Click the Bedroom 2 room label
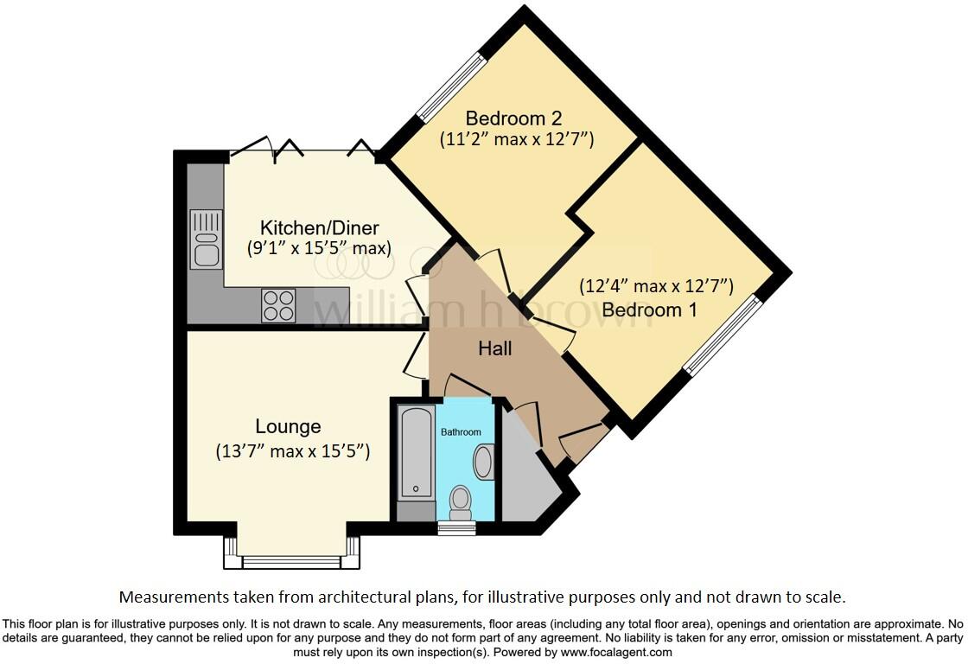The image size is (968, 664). click(x=506, y=118)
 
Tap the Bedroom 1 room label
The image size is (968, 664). click(x=649, y=309)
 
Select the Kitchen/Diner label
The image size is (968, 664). click(x=319, y=228)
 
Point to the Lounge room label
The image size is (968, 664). click(x=288, y=426)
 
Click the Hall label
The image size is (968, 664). click(x=495, y=348)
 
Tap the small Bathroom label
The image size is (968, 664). click(x=461, y=432)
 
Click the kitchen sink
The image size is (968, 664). click(x=207, y=239)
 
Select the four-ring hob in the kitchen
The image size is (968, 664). click(x=278, y=305)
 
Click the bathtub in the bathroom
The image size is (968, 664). click(x=417, y=452)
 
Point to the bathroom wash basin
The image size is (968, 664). click(x=483, y=462)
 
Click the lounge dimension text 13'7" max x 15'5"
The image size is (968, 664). click(x=292, y=451)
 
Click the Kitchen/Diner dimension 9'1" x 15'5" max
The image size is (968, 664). click(x=319, y=248)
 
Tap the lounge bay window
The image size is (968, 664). click(x=291, y=560)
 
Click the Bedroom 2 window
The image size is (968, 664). click(x=451, y=85)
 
